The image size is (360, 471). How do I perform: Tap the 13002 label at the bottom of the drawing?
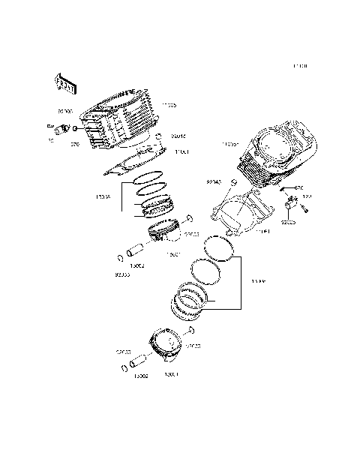click(x=140, y=377)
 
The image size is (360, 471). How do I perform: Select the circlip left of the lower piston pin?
click(x=122, y=369)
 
